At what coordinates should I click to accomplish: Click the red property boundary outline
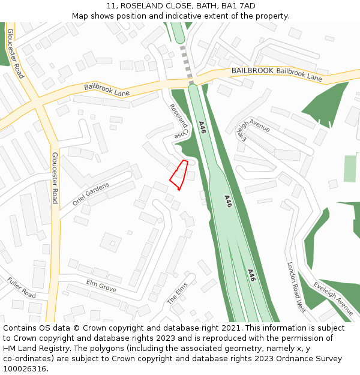(x=178, y=175)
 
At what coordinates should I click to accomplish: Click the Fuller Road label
(x=22, y=287)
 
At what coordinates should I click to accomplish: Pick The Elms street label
(x=178, y=293)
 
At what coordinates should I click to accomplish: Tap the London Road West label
(x=296, y=287)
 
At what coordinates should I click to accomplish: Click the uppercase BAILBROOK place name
(x=252, y=70)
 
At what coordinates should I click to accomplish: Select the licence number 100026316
(x=26, y=368)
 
